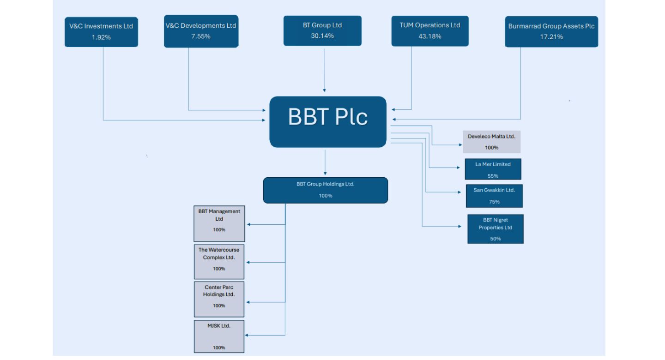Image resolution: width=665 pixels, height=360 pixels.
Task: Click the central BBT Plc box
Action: (328, 121)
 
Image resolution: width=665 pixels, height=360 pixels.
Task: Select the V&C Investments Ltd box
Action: (101, 32)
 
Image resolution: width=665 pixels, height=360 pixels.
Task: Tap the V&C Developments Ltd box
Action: (201, 31)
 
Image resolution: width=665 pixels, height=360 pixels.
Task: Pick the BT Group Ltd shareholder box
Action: (322, 30)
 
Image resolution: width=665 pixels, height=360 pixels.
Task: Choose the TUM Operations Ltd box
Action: (430, 30)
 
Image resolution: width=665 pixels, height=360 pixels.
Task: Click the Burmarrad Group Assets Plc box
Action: (551, 31)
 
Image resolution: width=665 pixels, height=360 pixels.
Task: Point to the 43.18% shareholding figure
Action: (430, 36)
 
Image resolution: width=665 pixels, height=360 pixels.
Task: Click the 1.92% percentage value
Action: (101, 37)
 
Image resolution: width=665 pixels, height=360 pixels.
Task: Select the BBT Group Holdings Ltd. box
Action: (326, 190)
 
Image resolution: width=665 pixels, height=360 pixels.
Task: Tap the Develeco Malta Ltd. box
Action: (491, 142)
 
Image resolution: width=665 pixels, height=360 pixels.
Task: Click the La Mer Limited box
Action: (493, 169)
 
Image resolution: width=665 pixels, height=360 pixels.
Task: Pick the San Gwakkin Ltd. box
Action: (494, 196)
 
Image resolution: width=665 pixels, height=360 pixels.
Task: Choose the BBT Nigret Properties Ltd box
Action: (495, 229)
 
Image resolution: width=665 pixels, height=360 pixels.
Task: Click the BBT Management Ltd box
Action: (219, 223)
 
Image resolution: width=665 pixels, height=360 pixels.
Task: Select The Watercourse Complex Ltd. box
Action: (219, 261)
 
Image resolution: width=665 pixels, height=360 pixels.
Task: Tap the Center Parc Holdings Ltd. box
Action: (219, 299)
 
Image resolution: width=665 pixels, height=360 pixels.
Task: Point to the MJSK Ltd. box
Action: (219, 336)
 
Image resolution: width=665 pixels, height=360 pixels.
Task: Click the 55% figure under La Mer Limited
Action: (493, 176)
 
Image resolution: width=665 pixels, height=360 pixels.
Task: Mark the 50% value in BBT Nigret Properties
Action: (496, 239)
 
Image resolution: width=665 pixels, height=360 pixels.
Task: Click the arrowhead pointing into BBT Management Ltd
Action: (249, 225)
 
